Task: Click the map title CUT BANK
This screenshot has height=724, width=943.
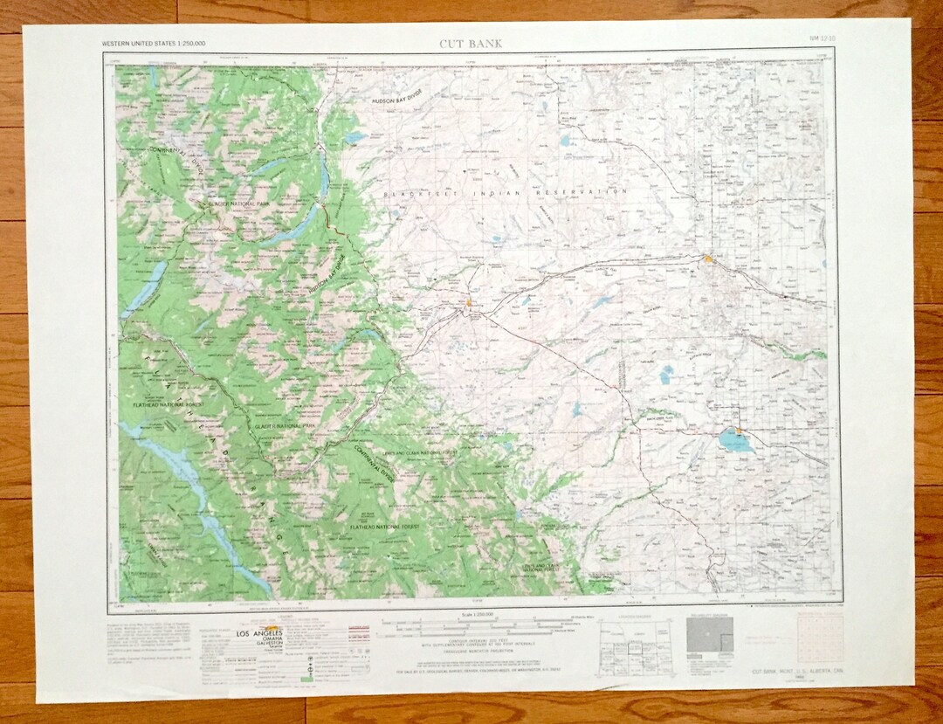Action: [471, 43]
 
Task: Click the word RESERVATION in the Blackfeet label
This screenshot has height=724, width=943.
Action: [594, 191]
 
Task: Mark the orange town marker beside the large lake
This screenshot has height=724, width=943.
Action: [739, 430]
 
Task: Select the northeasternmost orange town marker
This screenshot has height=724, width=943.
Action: [707, 258]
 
